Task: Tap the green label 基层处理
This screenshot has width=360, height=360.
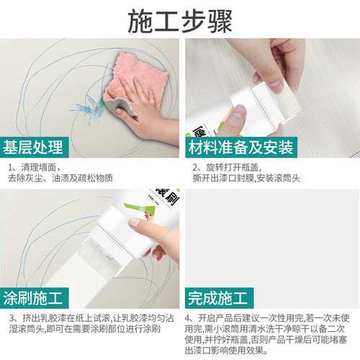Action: pyautogui.click(x=35, y=148)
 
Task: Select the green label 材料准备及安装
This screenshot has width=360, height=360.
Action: pyautogui.click(x=242, y=148)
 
